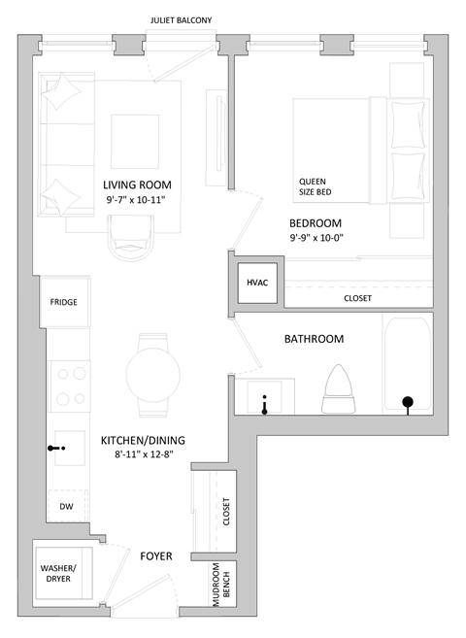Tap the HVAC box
coord(257,283)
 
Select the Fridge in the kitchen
coord(64,302)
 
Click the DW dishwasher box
coord(66,507)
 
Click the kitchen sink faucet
coord(56,449)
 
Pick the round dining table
coord(153,370)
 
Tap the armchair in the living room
coord(130,237)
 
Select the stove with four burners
coord(70,386)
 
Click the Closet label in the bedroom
coord(357,298)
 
